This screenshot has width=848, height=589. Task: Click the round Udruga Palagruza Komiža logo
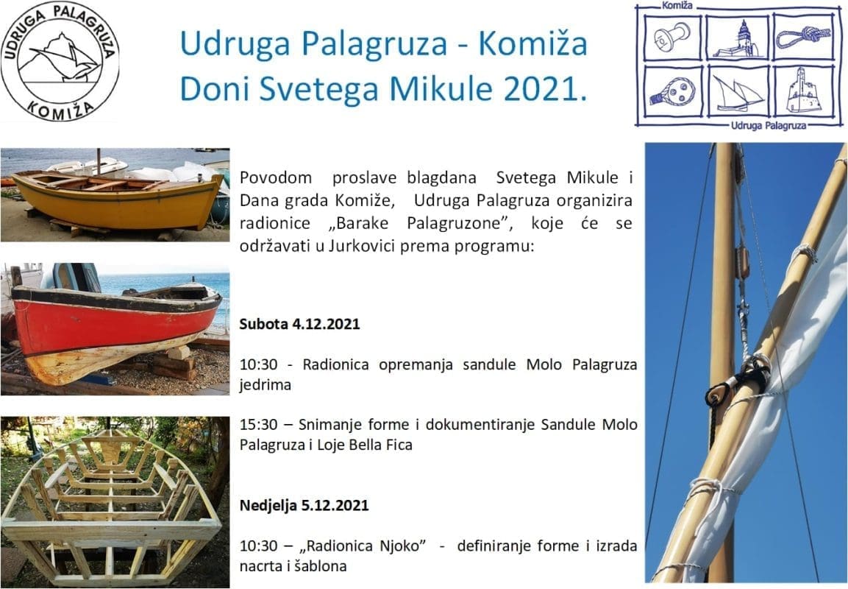(x=60, y=61)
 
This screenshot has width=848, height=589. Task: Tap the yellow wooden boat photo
(x=115, y=194)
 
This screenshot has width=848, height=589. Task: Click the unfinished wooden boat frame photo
(x=115, y=502)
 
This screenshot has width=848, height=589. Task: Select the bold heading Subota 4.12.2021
(x=299, y=324)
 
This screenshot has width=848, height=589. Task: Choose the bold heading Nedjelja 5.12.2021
(x=304, y=505)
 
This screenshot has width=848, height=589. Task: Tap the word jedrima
(x=265, y=385)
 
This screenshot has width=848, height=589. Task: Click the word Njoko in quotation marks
(x=399, y=546)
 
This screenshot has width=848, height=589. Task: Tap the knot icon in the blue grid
(x=804, y=37)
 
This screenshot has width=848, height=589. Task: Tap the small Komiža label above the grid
(x=677, y=6)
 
